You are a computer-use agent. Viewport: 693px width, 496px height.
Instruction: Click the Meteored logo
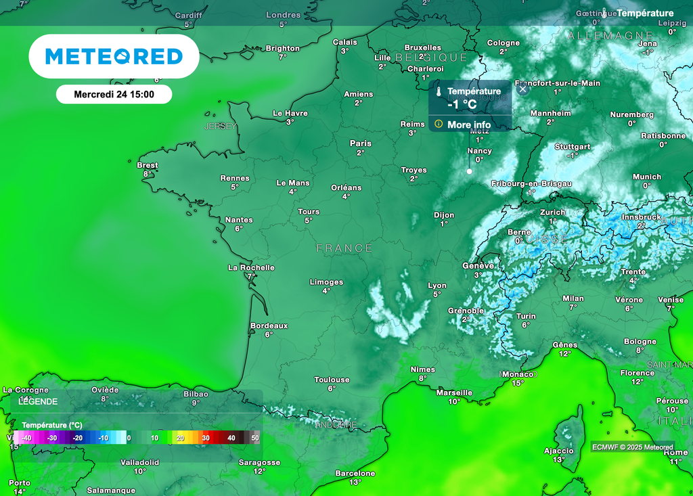tap(114, 56)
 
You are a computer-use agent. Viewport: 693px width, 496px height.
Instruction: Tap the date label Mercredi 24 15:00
tap(114, 95)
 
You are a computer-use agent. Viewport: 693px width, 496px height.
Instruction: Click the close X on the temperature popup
tap(522, 89)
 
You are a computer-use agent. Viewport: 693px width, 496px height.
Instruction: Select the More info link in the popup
tap(468, 125)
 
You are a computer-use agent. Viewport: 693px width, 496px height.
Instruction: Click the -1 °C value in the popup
tap(462, 104)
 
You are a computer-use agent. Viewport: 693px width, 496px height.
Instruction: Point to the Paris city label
tap(361, 143)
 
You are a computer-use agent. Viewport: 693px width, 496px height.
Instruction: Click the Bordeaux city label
tap(269, 325)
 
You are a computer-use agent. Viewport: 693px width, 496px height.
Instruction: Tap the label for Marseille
tap(455, 392)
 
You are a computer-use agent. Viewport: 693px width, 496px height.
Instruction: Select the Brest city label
tap(148, 165)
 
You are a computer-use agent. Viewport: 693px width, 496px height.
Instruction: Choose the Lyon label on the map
tap(437, 286)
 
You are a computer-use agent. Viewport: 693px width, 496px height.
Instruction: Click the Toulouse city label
tap(332, 380)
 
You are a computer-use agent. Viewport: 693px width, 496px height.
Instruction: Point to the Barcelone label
tap(355, 473)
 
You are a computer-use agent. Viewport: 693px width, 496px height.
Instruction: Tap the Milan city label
tap(573, 298)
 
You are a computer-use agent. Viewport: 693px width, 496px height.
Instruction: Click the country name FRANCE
tap(344, 248)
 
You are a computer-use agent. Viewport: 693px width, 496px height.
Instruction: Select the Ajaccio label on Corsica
tap(558, 451)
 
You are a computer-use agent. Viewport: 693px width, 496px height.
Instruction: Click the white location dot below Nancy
tap(469, 172)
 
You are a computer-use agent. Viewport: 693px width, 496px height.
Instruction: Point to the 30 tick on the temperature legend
tap(206, 438)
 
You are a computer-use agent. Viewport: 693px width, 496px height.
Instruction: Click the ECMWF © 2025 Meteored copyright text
tap(632, 447)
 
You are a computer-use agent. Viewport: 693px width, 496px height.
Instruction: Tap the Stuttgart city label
tap(573, 146)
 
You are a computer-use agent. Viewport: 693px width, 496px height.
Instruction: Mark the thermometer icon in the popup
tap(439, 91)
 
